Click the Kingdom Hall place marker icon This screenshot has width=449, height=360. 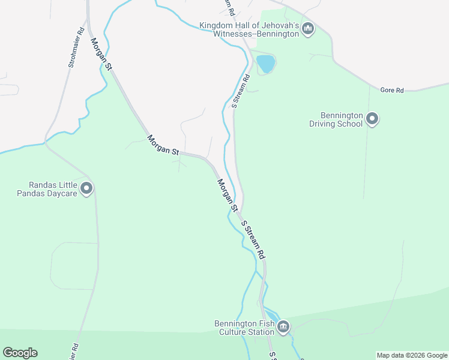tap(308, 28)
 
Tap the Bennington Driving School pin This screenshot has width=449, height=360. tap(372, 119)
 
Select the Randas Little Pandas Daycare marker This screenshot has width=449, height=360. tap(86, 189)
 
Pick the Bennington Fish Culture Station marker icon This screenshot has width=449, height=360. tap(283, 327)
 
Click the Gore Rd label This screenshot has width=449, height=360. tap(392, 90)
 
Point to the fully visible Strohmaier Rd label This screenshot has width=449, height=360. tap(76, 46)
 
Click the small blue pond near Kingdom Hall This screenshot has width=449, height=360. tap(265, 63)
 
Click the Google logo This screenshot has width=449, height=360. tap(20, 353)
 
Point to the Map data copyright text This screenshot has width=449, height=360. tap(412, 355)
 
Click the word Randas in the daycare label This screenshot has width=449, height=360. tap(41, 185)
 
